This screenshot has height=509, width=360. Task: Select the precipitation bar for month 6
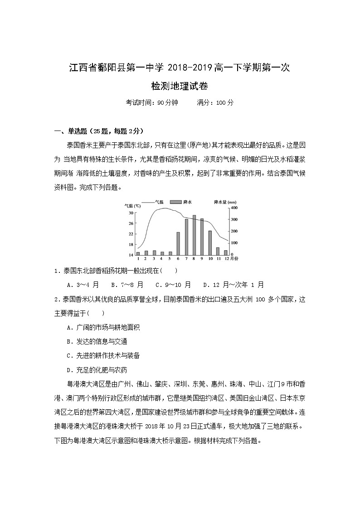pyautogui.click(x=178, y=243)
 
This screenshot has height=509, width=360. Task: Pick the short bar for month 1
pyautogui.click(x=138, y=253)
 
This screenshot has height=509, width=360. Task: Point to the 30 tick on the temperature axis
pyautogui.click(x=131, y=213)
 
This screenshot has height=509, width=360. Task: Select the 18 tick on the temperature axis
pyautogui.click(x=131, y=245)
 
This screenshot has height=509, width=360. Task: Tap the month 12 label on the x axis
pyautogui.click(x=226, y=259)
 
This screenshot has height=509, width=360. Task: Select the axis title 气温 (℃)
pyautogui.click(x=132, y=205)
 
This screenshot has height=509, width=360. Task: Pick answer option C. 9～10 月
pyautogui.click(x=173, y=285)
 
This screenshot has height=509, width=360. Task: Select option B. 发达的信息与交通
pyautogui.click(x=97, y=341)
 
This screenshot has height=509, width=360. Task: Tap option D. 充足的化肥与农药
pyautogui.click(x=97, y=369)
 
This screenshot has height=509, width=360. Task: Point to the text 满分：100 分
pyautogui.click(x=215, y=102)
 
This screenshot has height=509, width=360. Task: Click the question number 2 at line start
pyautogui.click(x=56, y=299)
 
